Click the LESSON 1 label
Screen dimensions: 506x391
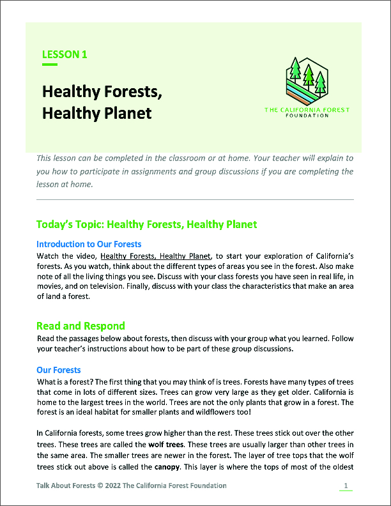(65, 54)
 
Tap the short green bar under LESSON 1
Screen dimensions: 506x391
(50, 65)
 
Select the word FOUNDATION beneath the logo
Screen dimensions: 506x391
(307, 116)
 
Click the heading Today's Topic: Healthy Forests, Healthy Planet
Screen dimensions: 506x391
(147, 224)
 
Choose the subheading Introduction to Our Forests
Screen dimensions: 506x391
(89, 244)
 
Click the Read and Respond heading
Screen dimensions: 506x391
(80, 326)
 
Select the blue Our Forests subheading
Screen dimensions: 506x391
(58, 370)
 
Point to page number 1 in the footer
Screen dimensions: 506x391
(346, 486)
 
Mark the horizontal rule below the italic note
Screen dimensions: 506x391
(195, 200)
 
